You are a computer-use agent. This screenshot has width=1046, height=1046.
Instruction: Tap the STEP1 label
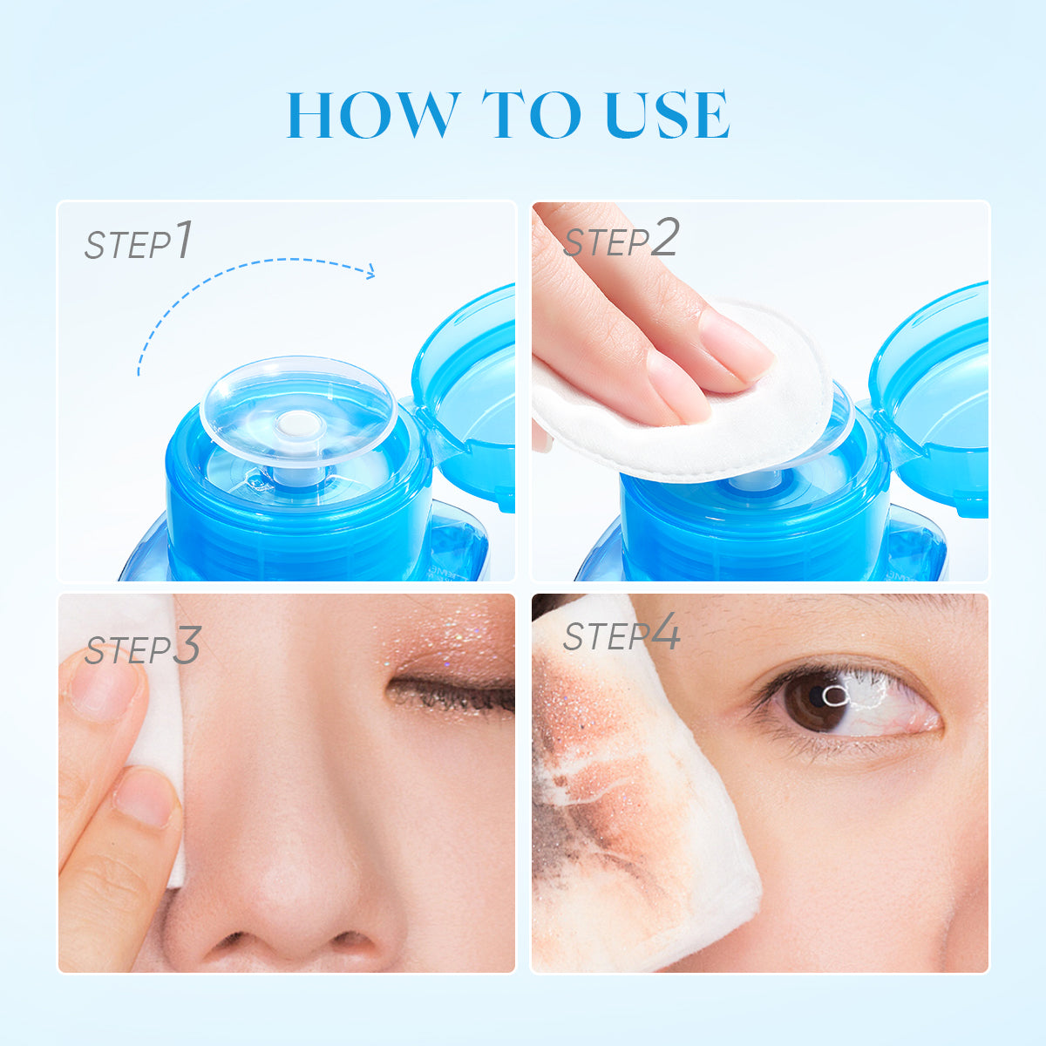point(138,242)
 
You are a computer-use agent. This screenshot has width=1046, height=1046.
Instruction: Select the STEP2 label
point(620,241)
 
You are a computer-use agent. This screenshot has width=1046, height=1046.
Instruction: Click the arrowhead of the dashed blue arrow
point(370,272)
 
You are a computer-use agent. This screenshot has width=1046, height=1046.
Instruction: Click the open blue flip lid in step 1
point(466,392)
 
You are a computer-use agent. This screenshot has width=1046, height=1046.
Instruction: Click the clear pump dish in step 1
point(296,410)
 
